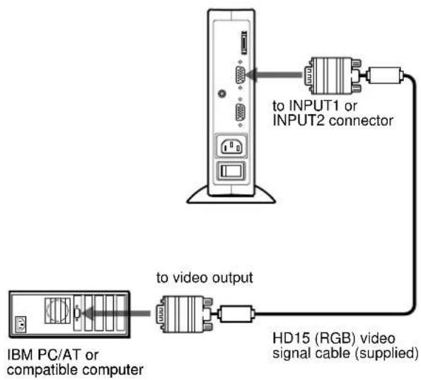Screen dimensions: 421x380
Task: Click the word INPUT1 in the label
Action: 313,106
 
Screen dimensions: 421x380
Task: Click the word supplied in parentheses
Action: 387,353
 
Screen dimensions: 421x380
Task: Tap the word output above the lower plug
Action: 232,278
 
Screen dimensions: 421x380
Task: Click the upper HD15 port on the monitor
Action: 240,75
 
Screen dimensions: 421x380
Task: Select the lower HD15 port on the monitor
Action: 240,113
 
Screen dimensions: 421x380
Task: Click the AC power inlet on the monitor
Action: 231,147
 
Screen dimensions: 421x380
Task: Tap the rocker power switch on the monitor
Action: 231,171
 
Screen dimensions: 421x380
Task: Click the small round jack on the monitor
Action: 221,93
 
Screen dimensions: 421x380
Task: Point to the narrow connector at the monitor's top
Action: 244,43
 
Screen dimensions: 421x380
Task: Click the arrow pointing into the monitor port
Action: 274,74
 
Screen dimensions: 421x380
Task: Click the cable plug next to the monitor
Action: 333,76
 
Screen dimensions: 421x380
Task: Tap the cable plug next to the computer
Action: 185,314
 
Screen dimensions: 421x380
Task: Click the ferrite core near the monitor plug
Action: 385,75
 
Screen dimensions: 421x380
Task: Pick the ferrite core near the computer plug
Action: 236,313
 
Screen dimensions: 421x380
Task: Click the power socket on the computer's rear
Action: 21,325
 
